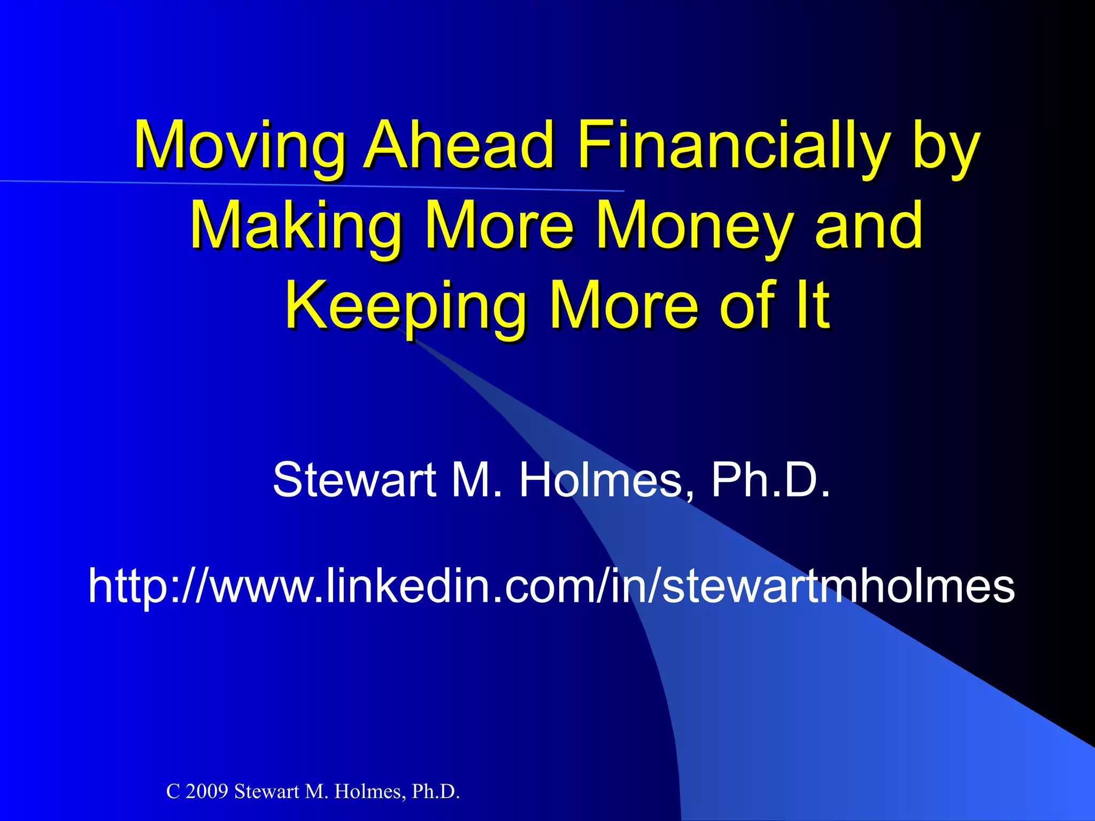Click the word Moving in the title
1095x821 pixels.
[x=239, y=146]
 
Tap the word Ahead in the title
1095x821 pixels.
[x=459, y=146]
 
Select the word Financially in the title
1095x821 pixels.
[x=733, y=146]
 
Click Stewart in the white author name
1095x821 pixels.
[x=354, y=479]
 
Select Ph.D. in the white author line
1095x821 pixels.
[x=770, y=479]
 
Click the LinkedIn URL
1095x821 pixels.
[x=551, y=586]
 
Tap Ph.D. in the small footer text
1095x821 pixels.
[x=436, y=792]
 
